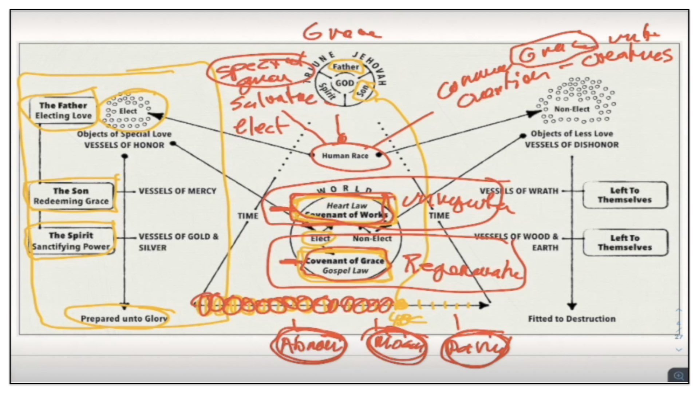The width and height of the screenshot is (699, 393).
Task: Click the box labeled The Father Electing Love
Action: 63,110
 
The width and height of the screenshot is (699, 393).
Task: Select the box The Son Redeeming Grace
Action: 71,196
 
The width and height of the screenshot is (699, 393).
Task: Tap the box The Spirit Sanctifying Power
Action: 71,241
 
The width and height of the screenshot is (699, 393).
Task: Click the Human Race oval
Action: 345,156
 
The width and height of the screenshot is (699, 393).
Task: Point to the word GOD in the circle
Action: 344,83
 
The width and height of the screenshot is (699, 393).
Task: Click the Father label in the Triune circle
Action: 345,67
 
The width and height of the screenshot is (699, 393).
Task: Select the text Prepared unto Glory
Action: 124,319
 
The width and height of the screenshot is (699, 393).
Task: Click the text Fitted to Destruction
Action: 572,319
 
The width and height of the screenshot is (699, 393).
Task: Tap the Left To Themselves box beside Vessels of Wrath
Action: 625,195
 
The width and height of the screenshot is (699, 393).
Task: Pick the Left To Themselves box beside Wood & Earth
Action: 625,242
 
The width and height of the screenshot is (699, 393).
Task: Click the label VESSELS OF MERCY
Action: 177,191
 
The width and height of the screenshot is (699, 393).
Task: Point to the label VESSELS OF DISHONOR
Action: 572,145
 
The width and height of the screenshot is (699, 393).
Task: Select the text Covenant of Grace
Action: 345,261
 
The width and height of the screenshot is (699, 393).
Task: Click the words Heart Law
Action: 347,206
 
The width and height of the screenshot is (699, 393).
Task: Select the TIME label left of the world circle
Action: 248,216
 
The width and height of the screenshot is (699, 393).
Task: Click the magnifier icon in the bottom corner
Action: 678,376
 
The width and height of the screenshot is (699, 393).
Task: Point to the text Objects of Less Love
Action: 572,134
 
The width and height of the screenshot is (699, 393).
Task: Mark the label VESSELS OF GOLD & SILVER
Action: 178,242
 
